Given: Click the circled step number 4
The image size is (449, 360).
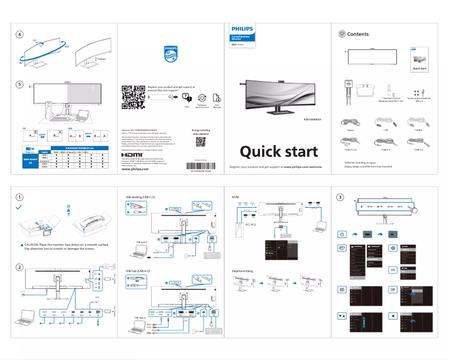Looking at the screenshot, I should tap(20, 34).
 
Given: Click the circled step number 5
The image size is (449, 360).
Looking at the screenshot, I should tap(20, 85).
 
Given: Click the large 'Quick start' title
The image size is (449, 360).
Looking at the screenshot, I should tap(279, 151).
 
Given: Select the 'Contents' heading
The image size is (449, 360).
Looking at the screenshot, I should tap(358, 34).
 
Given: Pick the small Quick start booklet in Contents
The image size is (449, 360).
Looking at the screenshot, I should tap(419, 61).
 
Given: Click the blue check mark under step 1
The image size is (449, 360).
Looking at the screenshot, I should tap(20, 207).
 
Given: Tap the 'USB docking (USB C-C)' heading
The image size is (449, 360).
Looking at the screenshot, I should tap(140, 198).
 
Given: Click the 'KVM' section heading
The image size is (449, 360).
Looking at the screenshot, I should tap(235, 198).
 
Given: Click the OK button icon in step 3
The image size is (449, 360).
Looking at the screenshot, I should tap(392, 289).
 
